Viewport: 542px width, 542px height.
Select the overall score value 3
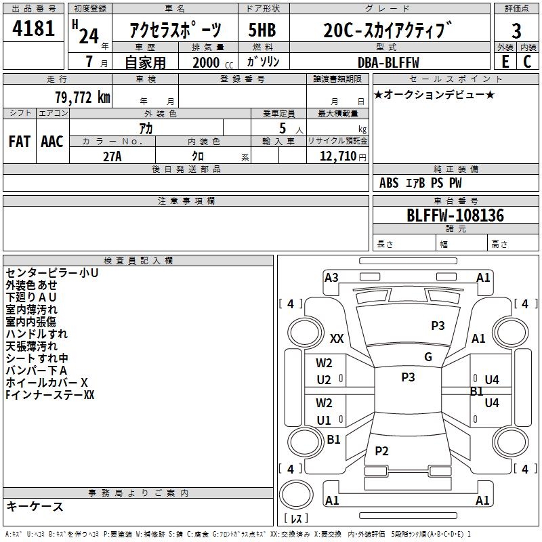pos(516,30)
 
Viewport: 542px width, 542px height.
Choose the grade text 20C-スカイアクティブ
pos(387,30)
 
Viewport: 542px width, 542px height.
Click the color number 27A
pos(112,157)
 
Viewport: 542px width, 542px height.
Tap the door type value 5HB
pos(262,30)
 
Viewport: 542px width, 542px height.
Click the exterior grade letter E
pos(505,62)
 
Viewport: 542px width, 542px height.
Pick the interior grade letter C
pos(527,62)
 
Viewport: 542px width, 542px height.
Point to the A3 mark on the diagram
pos(331,277)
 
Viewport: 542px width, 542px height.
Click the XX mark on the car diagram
pos(337,338)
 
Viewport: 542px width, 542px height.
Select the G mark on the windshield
pos(428,357)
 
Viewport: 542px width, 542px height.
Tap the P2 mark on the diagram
pos(381,451)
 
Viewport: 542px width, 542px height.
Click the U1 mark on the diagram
pos(324,420)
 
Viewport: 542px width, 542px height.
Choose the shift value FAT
pos(19,141)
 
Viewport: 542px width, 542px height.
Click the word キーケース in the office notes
pos(35,506)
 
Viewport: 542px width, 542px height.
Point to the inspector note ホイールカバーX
pos(47,382)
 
